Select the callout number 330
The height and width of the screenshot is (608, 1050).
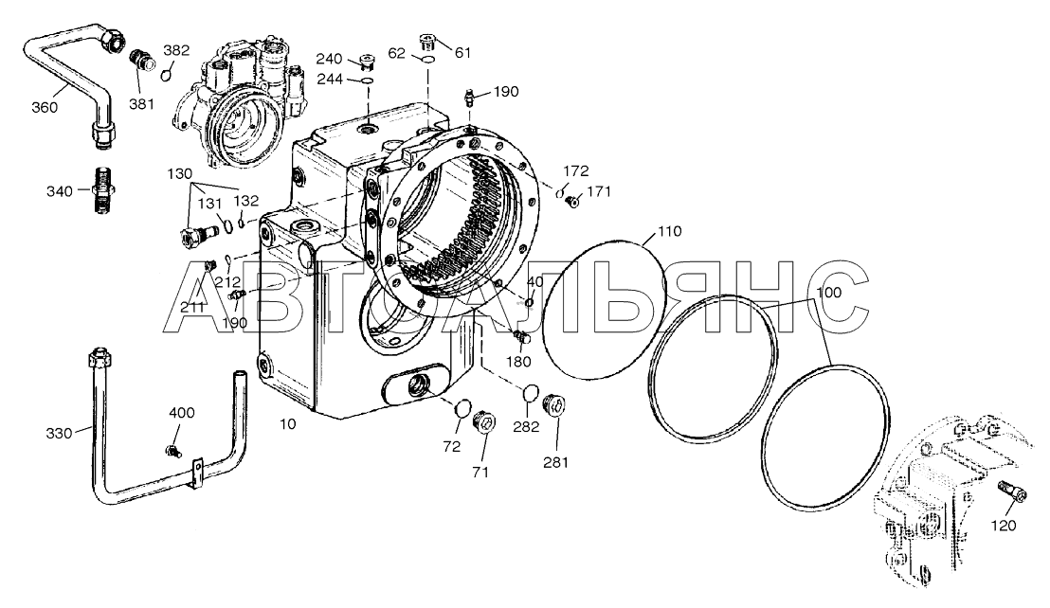pyautogui.click(x=60, y=433)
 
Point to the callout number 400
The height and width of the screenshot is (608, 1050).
pyautogui.click(x=182, y=413)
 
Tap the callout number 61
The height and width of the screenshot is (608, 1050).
pyautogui.click(x=462, y=53)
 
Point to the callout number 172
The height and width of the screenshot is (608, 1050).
pyautogui.click(x=575, y=171)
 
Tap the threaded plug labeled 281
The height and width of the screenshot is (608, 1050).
pyautogui.click(x=555, y=406)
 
